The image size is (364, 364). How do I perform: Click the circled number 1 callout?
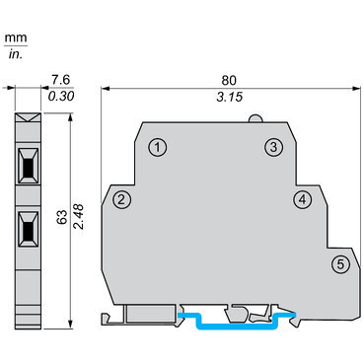156,147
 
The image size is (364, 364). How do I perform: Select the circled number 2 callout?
121,200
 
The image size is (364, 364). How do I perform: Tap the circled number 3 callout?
273,147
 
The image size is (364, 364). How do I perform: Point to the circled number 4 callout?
302,200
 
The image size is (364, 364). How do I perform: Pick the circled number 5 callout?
340,263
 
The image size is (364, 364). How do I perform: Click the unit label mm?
16,38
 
